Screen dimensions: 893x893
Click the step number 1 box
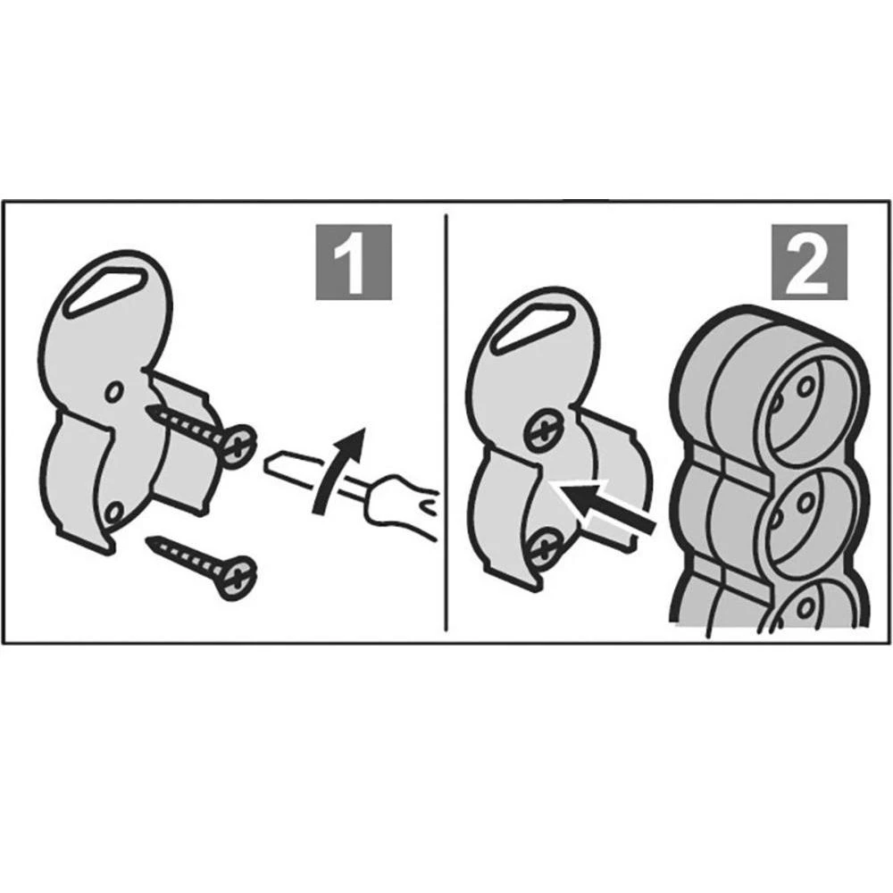[x=354, y=262]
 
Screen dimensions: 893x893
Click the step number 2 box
[x=809, y=262]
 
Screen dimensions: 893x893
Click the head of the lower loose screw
[x=238, y=578]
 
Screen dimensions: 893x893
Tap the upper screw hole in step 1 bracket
[x=114, y=391]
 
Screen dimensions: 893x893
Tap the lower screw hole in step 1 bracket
[x=114, y=513]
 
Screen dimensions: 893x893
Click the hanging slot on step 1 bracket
[x=105, y=290]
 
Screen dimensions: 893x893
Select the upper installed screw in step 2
[x=544, y=429]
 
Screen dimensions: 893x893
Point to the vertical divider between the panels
[x=447, y=422]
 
